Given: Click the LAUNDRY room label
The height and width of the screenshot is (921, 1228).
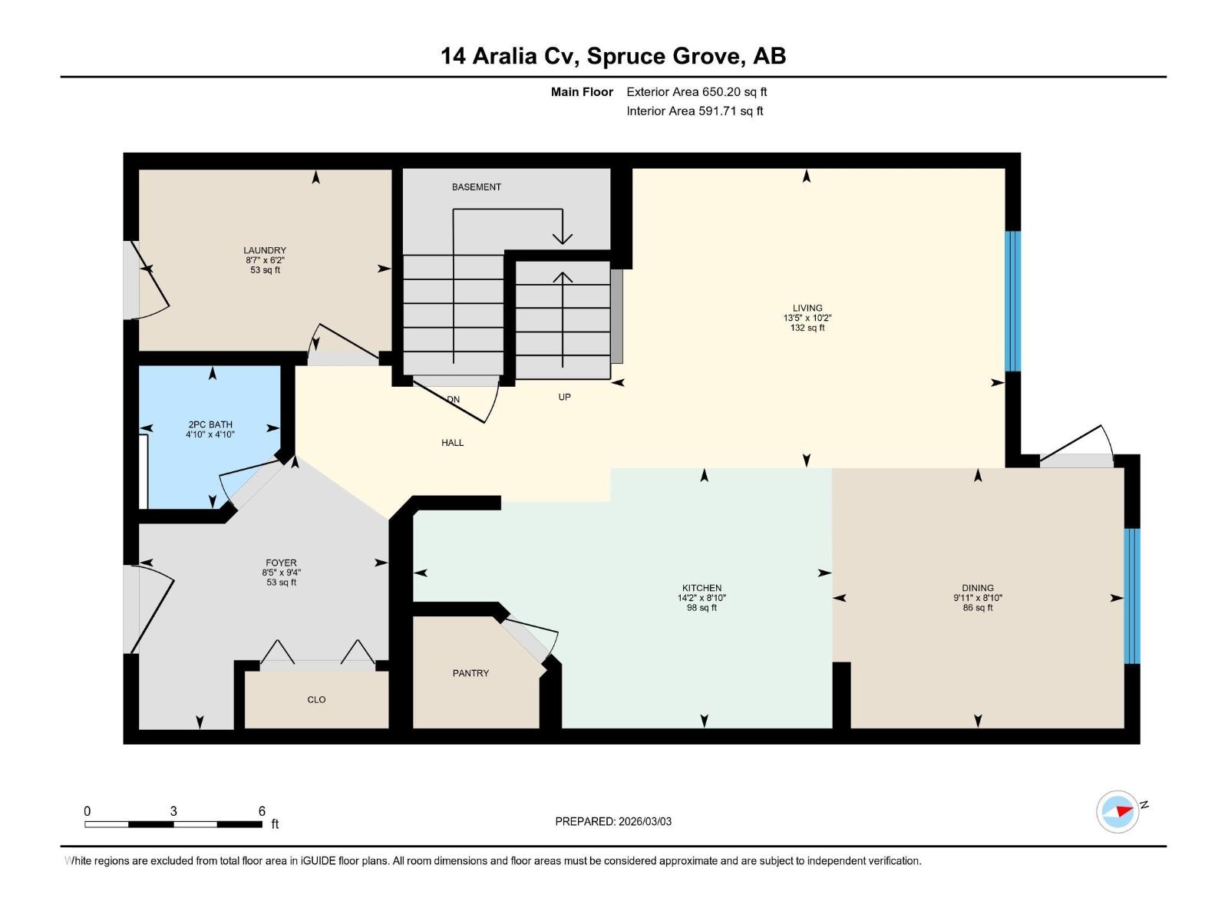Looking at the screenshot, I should [265, 250].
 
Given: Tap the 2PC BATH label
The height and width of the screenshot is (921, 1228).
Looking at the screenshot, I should [210, 424].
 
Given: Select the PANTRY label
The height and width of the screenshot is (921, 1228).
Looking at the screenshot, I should [470, 673].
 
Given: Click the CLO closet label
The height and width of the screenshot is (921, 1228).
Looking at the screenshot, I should [316, 699].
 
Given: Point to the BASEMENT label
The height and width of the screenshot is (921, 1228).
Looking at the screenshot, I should [476, 187].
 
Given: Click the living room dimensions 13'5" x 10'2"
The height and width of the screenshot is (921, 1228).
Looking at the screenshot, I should [807, 318].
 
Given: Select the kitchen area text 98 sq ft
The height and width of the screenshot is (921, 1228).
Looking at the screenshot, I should [701, 608].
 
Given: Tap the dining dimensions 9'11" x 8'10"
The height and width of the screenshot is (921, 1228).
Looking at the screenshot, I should [978, 598].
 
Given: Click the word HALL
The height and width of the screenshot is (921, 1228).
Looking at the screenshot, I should [452, 443].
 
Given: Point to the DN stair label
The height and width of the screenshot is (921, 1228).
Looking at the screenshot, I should [453, 399].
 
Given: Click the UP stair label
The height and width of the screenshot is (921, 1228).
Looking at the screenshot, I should [564, 397].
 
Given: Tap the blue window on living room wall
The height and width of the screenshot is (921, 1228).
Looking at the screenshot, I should [1013, 301].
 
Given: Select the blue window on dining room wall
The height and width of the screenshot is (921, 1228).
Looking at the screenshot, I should [1132, 596].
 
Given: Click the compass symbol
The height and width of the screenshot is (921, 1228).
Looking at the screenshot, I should [1117, 812].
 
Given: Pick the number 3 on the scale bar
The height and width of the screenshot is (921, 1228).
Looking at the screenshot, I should [173, 811].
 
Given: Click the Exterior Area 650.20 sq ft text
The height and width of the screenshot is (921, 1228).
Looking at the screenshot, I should [696, 92].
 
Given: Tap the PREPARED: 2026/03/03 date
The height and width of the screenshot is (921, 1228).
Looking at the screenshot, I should [613, 821].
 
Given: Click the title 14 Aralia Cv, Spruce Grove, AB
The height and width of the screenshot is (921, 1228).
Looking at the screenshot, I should [613, 56].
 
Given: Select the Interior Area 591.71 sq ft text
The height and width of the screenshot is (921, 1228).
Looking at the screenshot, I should [695, 111].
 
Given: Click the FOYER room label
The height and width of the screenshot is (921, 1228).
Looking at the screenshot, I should [281, 563].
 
